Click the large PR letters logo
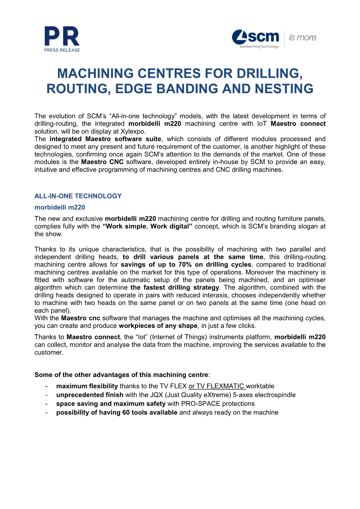[x=62, y=36]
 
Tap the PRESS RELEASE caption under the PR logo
[x=62, y=50]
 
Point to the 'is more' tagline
[x=302, y=38]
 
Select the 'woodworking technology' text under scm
[x=259, y=47]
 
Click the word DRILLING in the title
[x=270, y=73]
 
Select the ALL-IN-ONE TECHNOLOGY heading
[x=78, y=196]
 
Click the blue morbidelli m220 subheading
[x=60, y=207]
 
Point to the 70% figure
[x=185, y=265]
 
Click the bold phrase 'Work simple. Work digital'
[x=148, y=226]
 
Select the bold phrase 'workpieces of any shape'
[x=158, y=326]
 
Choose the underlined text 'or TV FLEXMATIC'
[x=217, y=386]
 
